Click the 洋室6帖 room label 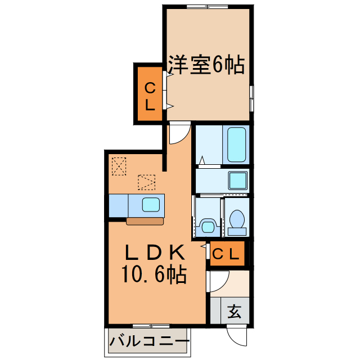(206, 66)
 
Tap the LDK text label (151, 251)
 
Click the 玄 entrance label (235, 311)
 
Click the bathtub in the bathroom (237, 144)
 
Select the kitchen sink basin (151, 204)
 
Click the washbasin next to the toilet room (208, 227)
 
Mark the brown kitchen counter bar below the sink (145, 222)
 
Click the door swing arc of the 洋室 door (179, 134)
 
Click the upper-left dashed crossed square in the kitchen (119, 166)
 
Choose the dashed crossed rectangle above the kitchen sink (146, 182)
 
